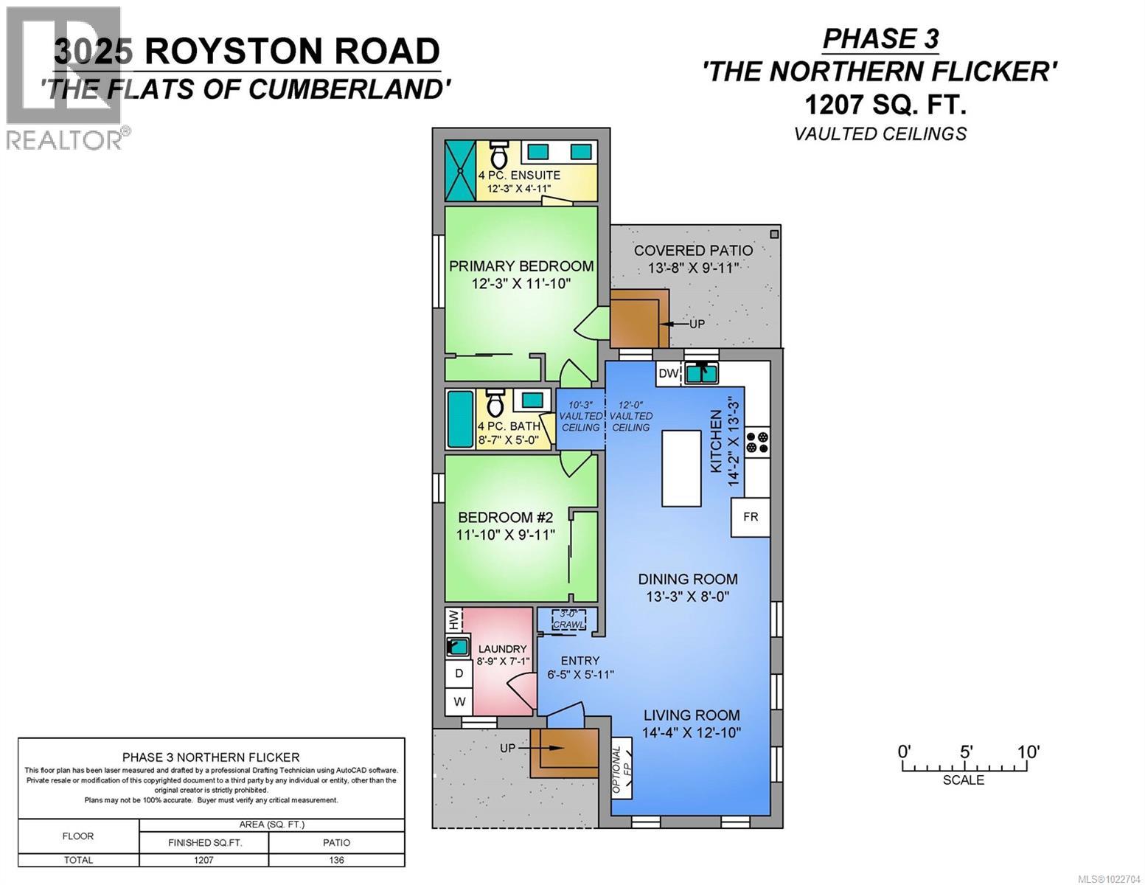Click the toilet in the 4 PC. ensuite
click(x=499, y=154)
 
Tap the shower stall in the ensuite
click(x=460, y=170)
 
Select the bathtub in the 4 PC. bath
click(x=460, y=419)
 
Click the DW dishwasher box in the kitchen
click(x=668, y=373)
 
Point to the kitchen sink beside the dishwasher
click(x=702, y=373)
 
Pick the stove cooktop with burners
click(x=757, y=441)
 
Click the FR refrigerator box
click(x=751, y=517)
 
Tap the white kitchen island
click(x=681, y=468)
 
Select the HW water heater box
click(x=453, y=619)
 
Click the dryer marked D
click(x=459, y=673)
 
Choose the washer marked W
click(x=459, y=701)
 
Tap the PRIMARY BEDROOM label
click(x=521, y=266)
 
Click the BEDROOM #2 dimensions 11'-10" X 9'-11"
click(x=505, y=535)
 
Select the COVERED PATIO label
click(x=693, y=251)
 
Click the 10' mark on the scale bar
click(x=1028, y=752)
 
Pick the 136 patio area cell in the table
click(x=336, y=860)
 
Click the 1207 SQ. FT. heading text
click(x=884, y=105)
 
